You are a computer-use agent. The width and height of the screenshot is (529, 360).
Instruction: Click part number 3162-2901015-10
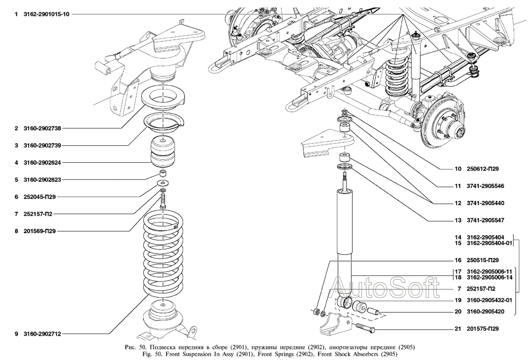[46, 14]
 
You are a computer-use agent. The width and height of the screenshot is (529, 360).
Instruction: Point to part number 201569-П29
[40, 231]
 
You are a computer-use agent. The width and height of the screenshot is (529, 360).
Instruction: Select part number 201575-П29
[483, 329]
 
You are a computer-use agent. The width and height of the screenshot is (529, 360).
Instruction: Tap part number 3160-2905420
[485, 311]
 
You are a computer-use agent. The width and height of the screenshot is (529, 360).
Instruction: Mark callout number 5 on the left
[17, 180]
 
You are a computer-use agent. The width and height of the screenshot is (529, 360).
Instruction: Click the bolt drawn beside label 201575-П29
[366, 329]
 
